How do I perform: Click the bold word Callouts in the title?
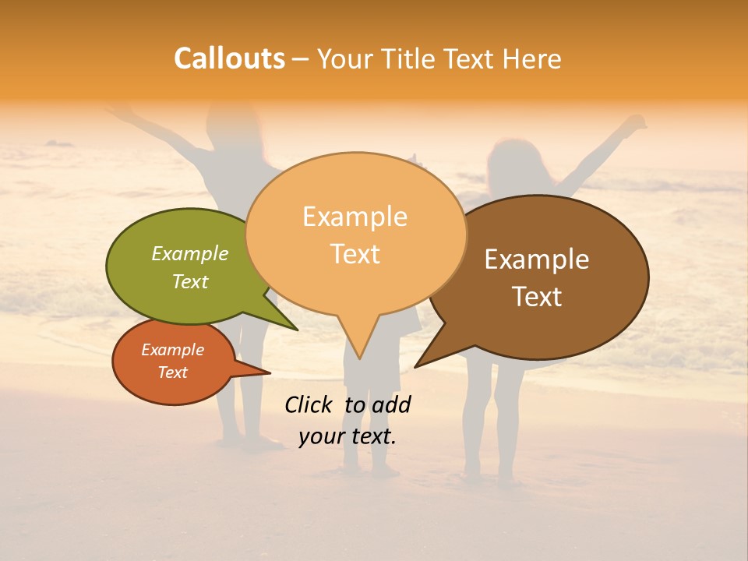click(x=229, y=58)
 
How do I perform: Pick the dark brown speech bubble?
click(x=545, y=277)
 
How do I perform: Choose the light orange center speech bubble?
click(x=355, y=234)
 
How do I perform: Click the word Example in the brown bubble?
click(x=537, y=259)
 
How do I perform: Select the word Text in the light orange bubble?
click(x=355, y=254)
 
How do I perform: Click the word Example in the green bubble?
click(x=190, y=253)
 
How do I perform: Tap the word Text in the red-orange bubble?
click(x=173, y=372)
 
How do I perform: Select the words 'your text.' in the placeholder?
click(x=348, y=436)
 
